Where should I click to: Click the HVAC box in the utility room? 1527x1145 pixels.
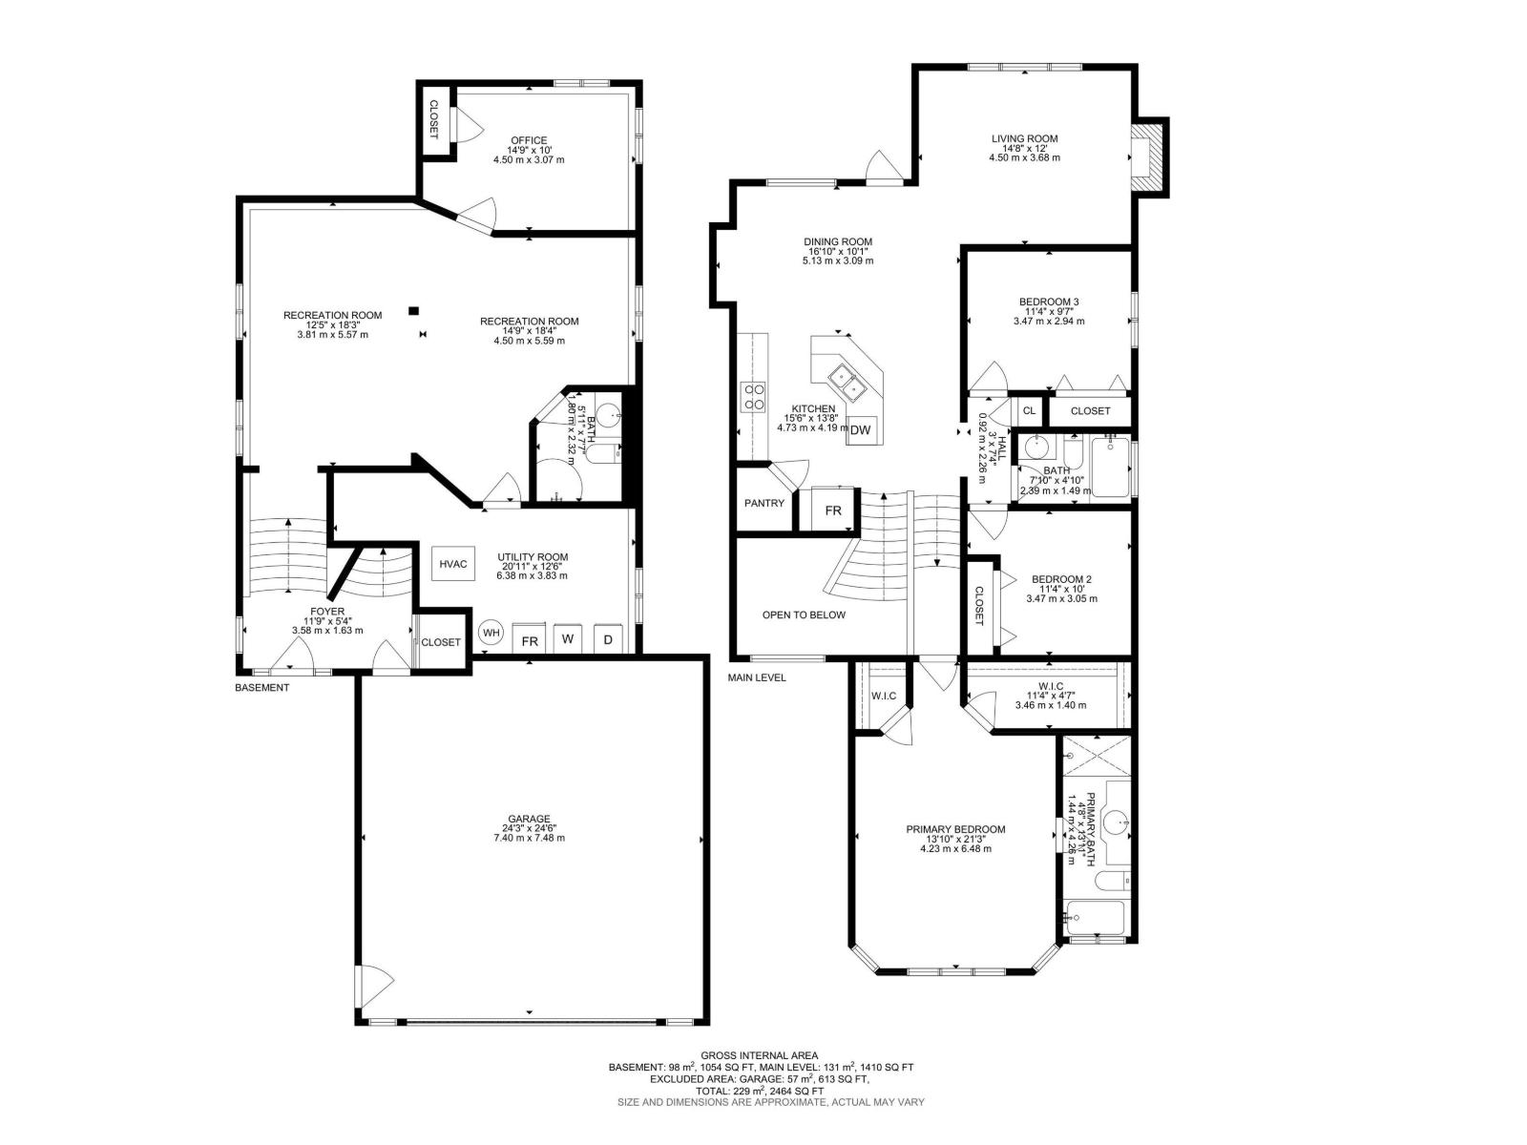(453, 564)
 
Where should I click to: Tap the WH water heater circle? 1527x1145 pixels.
(491, 633)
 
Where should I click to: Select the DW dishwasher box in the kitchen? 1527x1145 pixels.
(860, 430)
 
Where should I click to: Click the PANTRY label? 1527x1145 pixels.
(764, 503)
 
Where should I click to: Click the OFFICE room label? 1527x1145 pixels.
(529, 140)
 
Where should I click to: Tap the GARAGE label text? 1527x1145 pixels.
(529, 819)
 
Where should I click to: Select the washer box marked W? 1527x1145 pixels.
(567, 639)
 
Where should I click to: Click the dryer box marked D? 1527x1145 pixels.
(608, 639)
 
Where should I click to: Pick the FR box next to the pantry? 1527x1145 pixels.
(833, 510)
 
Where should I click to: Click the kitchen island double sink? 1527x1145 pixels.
(846, 383)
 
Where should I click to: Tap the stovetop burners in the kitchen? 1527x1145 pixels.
(753, 396)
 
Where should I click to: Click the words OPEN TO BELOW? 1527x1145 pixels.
(804, 614)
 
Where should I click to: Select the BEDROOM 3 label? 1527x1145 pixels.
(1049, 302)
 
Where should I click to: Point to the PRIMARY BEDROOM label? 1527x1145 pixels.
(955, 829)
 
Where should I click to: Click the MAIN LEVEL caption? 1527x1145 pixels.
(757, 677)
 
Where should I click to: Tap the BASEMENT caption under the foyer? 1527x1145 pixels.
(261, 687)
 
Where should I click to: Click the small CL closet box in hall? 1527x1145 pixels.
(1029, 410)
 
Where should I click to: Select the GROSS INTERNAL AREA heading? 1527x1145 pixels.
(759, 1055)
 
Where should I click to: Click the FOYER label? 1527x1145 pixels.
(327, 612)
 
